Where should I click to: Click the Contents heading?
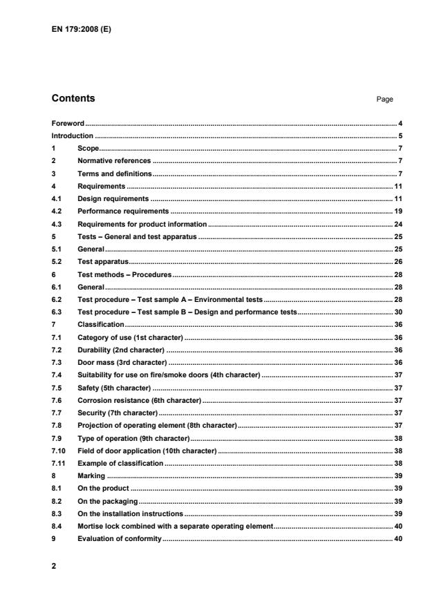(x=73, y=99)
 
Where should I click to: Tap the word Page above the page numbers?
(x=384, y=100)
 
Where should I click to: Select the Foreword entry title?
(x=68, y=123)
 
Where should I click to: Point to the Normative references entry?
(x=114, y=160)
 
